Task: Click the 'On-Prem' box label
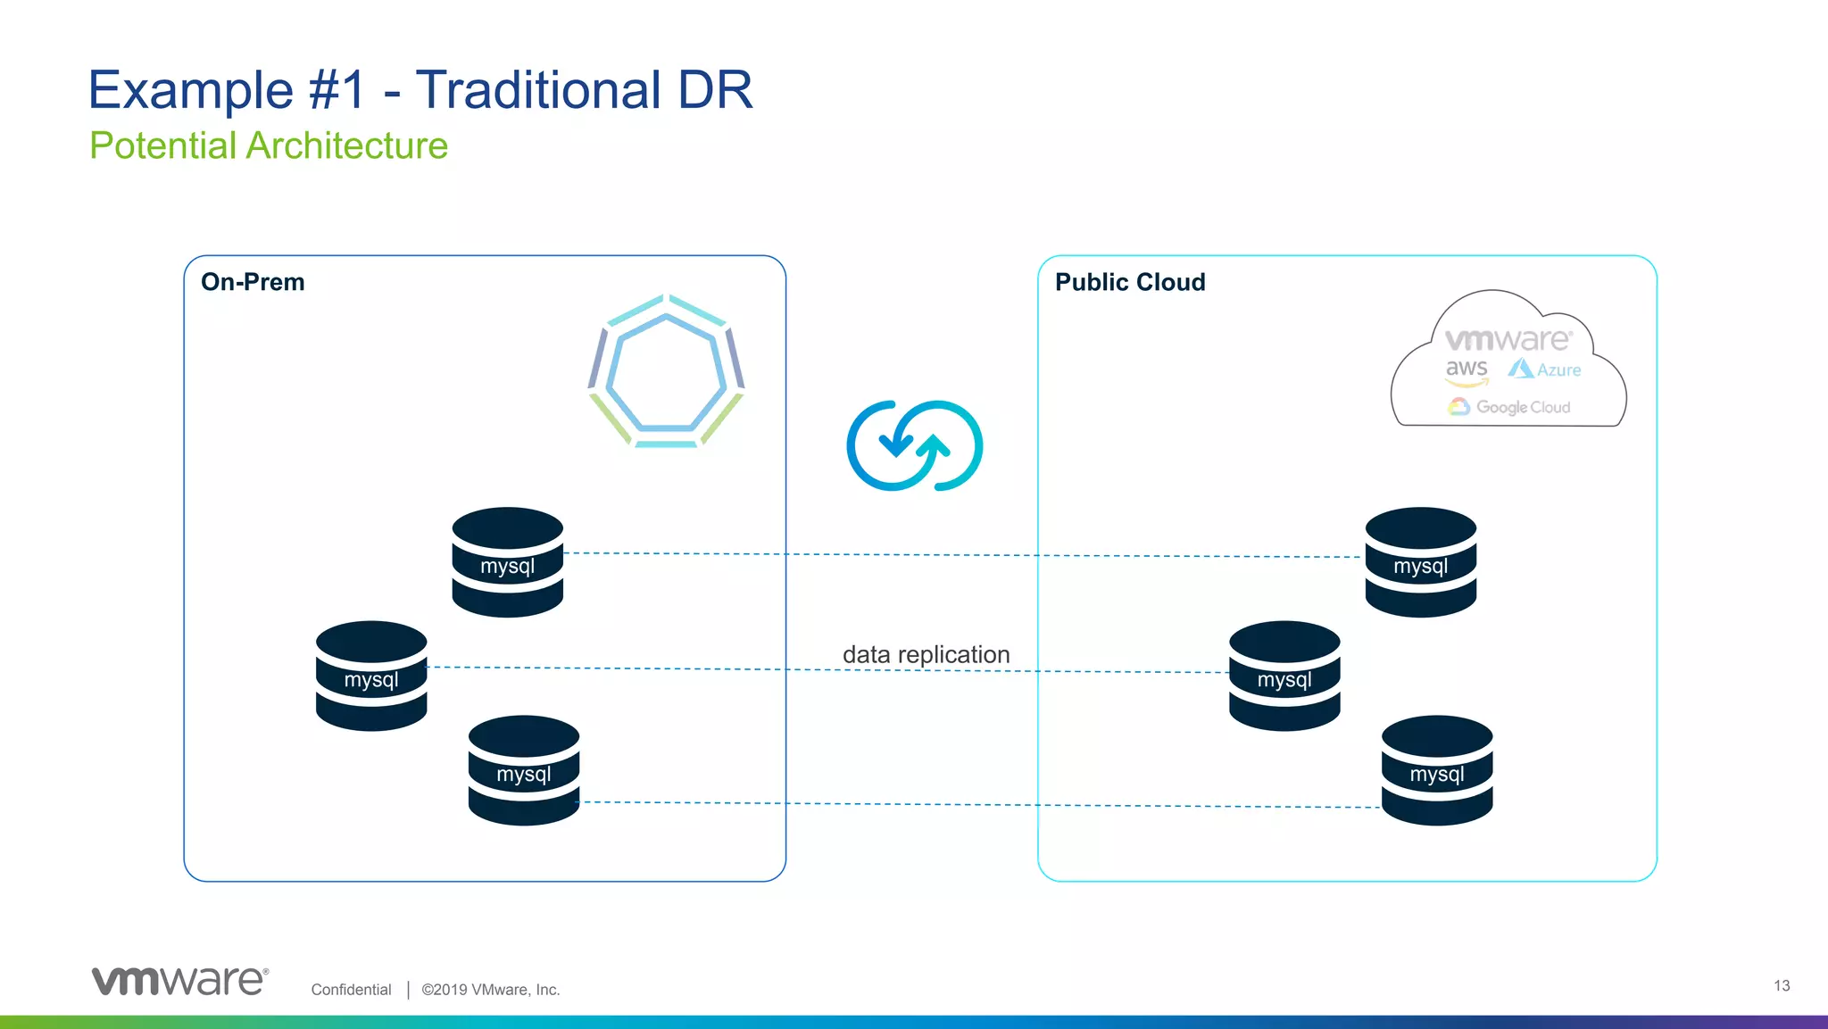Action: pos(253,282)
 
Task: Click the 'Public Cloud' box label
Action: pos(1129,282)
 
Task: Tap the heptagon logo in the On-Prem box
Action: pos(666,370)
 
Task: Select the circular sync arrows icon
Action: pos(914,445)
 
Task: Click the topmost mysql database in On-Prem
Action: pos(507,562)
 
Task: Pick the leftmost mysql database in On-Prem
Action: pos(371,676)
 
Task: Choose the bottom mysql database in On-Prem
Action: pos(524,770)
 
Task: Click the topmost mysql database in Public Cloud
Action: pos(1420,562)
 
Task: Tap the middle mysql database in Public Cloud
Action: pos(1284,676)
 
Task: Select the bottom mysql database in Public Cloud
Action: pos(1436,770)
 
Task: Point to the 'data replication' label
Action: pos(926,654)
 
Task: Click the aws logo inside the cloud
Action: pos(1467,370)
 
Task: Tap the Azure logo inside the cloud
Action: pos(1545,369)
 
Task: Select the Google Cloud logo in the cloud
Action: pos(1509,407)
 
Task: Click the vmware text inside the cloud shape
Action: pos(1508,340)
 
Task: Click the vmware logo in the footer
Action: pos(179,980)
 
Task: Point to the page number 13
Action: pos(1781,985)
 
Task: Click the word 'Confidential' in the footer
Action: pos(351,989)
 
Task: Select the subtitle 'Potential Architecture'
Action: pos(269,145)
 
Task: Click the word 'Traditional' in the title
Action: pos(537,90)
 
